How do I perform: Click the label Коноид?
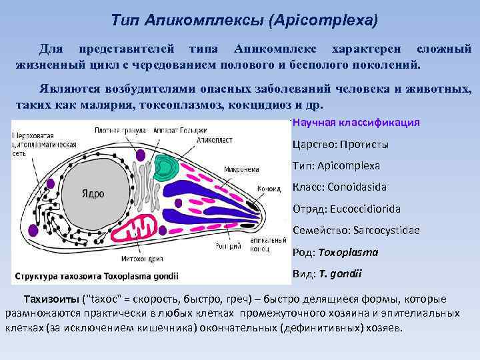[x=269, y=189]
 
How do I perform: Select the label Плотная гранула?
[x=116, y=129]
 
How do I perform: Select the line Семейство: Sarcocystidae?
[x=356, y=231]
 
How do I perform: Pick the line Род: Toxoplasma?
[x=335, y=253]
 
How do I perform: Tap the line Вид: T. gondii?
[x=327, y=274]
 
